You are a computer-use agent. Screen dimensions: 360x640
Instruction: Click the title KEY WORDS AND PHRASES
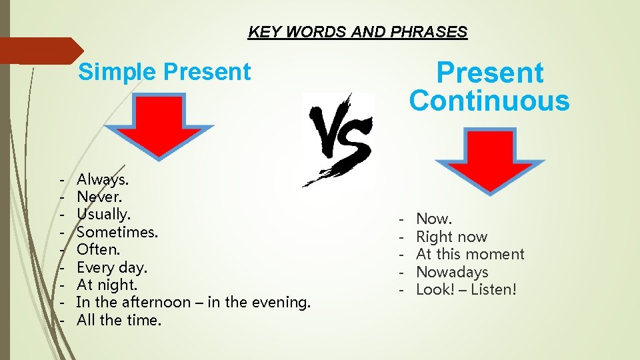(x=357, y=32)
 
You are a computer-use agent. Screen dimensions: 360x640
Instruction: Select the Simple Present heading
(x=165, y=72)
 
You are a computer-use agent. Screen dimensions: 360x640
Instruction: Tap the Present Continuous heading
(x=489, y=87)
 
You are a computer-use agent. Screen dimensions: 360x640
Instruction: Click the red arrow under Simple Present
(x=159, y=125)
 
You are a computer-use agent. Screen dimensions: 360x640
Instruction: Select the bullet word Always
(x=103, y=179)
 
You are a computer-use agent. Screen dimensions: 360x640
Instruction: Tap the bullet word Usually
(x=103, y=215)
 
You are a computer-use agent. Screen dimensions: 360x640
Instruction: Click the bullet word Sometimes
(x=117, y=232)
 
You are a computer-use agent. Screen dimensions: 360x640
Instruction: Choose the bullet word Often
(x=98, y=249)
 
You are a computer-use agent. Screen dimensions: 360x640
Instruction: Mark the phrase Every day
(x=112, y=267)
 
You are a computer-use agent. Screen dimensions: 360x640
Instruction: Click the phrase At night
(x=107, y=285)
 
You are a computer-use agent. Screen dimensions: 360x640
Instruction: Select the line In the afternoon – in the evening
(x=193, y=302)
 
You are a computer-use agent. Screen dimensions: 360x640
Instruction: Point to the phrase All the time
(x=119, y=320)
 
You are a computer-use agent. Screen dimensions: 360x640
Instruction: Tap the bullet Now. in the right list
(x=434, y=219)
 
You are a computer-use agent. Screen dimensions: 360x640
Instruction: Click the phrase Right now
(x=451, y=237)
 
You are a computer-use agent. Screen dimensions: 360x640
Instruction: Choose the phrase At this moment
(x=470, y=254)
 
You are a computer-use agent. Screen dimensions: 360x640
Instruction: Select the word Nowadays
(x=452, y=272)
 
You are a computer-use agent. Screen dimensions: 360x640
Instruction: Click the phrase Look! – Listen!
(x=466, y=289)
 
